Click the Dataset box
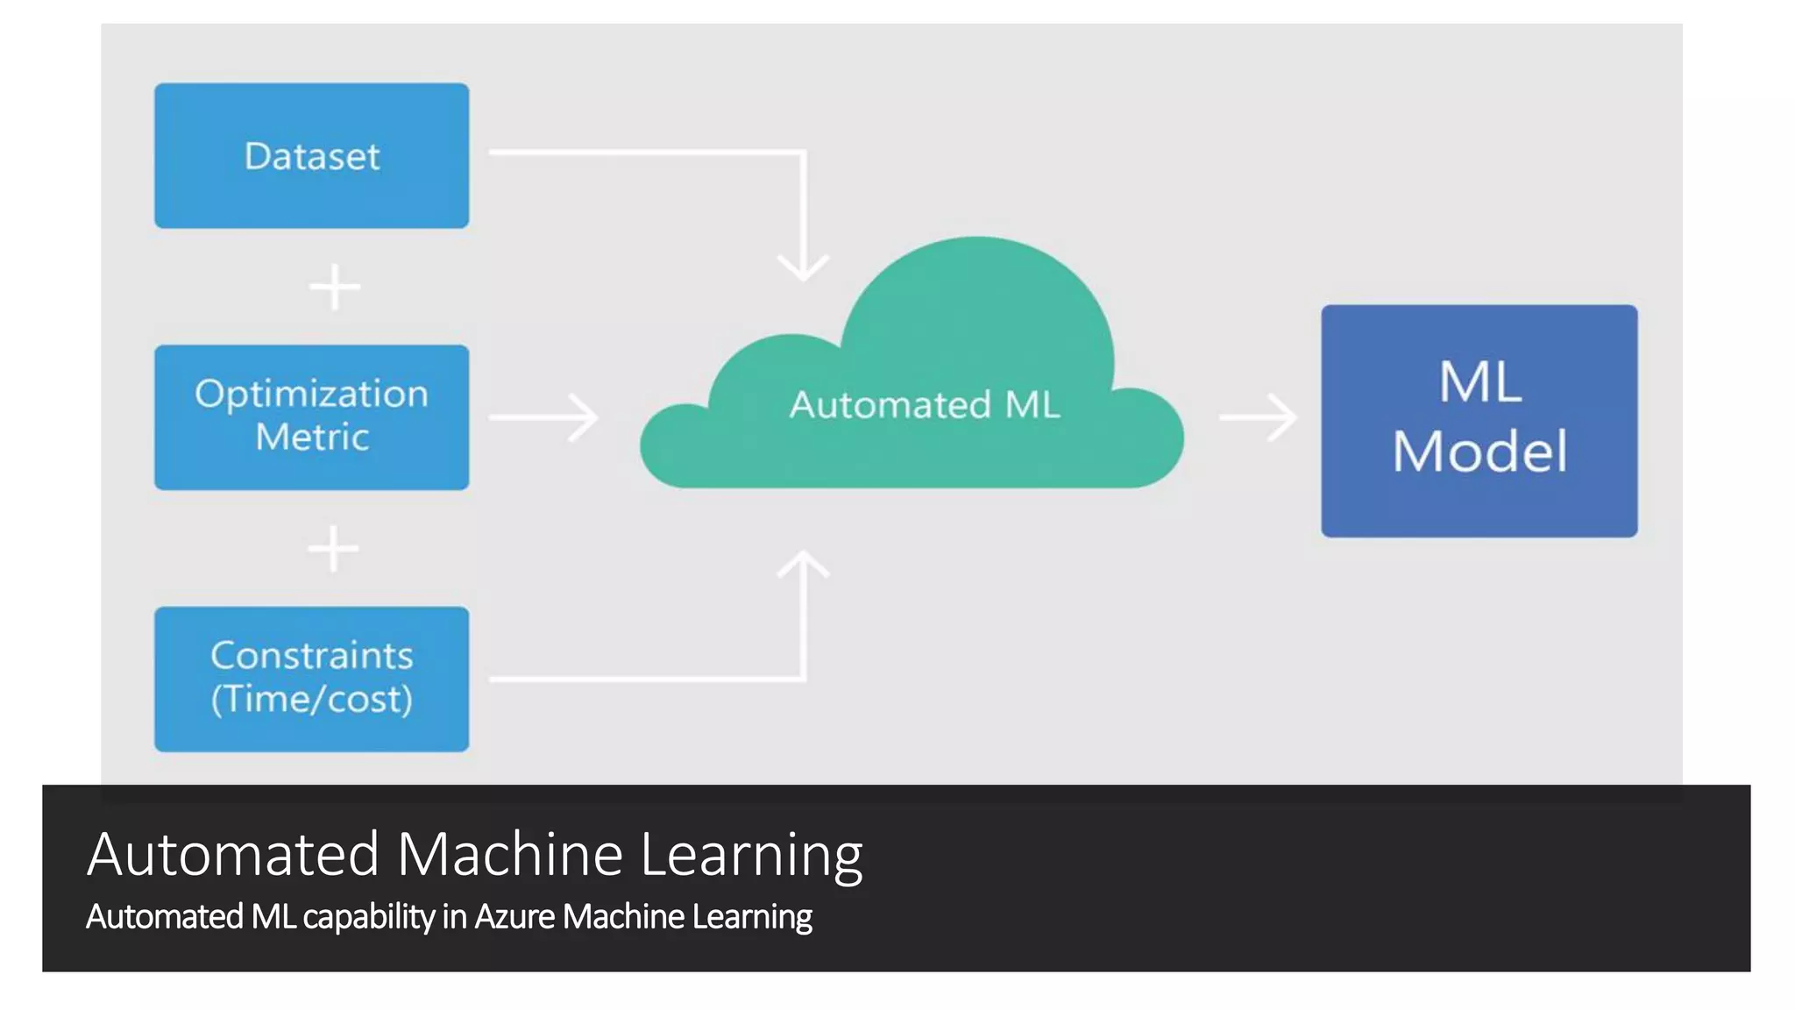311,156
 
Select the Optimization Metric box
311,416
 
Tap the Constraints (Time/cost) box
311,678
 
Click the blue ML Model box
1479,421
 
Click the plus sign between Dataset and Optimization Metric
335,288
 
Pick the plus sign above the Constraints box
333,550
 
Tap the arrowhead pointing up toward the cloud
804,565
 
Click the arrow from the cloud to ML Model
1259,417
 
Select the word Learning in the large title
751,855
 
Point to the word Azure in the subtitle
514,916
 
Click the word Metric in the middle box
312,437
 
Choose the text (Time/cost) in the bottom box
311,699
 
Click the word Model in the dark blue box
1479,452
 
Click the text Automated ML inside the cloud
925,405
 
